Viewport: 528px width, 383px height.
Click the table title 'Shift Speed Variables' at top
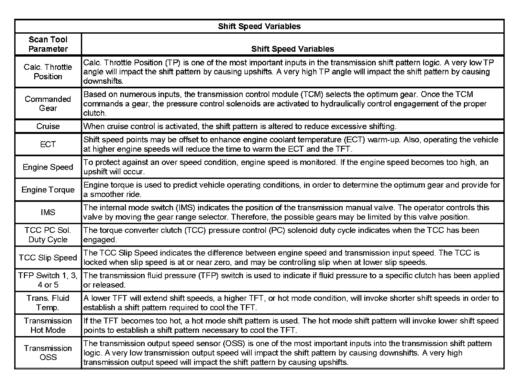(259, 26)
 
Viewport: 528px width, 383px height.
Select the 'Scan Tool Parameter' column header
(48, 44)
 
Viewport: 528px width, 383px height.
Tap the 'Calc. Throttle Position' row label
(48, 72)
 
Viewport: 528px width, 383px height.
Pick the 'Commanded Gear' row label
(48, 104)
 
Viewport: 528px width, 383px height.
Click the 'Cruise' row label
(48, 126)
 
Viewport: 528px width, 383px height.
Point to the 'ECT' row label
(48, 144)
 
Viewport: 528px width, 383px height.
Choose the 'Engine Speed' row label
(48, 167)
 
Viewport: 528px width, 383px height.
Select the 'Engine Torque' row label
(48, 190)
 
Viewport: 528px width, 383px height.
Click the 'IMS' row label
(48, 212)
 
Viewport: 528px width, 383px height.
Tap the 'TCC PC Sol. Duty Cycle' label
(48, 235)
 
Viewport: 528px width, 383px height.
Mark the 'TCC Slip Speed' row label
(48, 257)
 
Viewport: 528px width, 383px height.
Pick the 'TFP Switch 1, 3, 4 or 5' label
(48, 280)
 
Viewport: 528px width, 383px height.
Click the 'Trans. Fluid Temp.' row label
(48, 303)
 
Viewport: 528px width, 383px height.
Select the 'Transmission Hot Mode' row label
(48, 325)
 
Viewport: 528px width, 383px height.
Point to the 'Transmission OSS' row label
(48, 353)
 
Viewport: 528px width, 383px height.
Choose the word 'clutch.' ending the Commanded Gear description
(94, 113)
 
